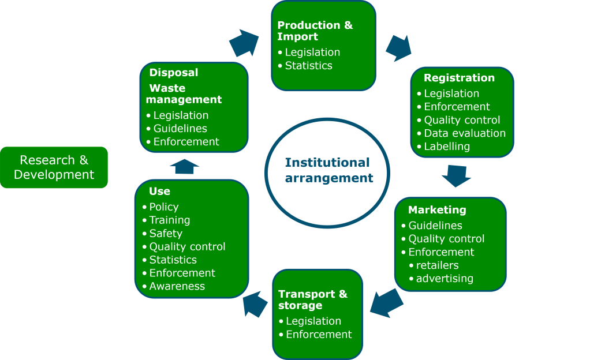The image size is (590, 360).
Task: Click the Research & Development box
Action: [x=54, y=167]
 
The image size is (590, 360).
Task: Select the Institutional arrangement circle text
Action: [x=327, y=170]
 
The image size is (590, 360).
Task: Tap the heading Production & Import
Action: [x=315, y=31]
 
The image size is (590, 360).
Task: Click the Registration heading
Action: [x=459, y=78]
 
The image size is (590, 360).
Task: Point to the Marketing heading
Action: [x=437, y=209]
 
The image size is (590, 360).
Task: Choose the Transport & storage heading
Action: [x=312, y=299]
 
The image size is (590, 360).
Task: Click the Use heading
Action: [x=159, y=191]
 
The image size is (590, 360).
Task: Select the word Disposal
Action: [x=173, y=73]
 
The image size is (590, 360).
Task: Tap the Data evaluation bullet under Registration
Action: [x=464, y=133]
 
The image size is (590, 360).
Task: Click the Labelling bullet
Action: [x=446, y=147]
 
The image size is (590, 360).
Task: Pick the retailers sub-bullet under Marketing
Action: [x=437, y=265]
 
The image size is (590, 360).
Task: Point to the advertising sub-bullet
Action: [x=444, y=279]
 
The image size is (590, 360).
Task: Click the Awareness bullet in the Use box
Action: [x=177, y=286]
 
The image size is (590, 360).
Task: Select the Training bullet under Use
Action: [x=169, y=220]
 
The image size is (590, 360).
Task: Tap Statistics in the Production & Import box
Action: [x=308, y=66]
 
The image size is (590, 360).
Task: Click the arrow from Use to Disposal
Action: [x=184, y=166]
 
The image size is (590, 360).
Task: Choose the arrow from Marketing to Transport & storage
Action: [x=387, y=303]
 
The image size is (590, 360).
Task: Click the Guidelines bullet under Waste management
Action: [x=180, y=129]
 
